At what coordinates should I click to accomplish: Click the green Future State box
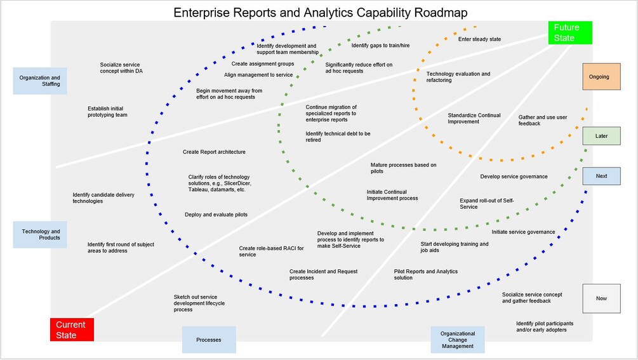pyautogui.click(x=570, y=33)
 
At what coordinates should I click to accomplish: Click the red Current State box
pyautogui.click(x=72, y=330)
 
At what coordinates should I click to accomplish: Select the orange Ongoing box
pyautogui.click(x=601, y=76)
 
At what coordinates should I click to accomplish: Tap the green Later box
pyautogui.click(x=601, y=136)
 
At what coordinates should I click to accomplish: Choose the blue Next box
pyautogui.click(x=601, y=176)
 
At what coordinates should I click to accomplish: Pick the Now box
pyautogui.click(x=601, y=298)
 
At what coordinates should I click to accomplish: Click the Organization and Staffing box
pyautogui.click(x=40, y=81)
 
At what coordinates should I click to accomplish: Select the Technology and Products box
pyautogui.click(x=40, y=235)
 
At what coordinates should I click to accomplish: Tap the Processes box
pyautogui.click(x=209, y=340)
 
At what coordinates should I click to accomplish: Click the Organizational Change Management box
pyautogui.click(x=458, y=340)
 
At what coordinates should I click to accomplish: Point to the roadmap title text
pyautogui.click(x=321, y=12)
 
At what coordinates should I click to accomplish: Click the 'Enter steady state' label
pyautogui.click(x=479, y=39)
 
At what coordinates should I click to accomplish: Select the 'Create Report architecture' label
pyautogui.click(x=214, y=152)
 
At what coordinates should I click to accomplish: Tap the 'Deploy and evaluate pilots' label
pyautogui.click(x=216, y=215)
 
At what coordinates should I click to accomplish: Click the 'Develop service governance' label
pyautogui.click(x=514, y=177)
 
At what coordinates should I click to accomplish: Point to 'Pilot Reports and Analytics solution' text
pyautogui.click(x=425, y=274)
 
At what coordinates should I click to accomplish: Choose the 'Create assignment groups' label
pyautogui.click(x=262, y=64)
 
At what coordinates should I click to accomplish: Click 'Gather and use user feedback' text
pyautogui.click(x=543, y=120)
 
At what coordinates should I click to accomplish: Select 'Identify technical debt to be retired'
pyautogui.click(x=338, y=137)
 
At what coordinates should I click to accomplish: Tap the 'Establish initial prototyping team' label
pyautogui.click(x=107, y=112)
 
